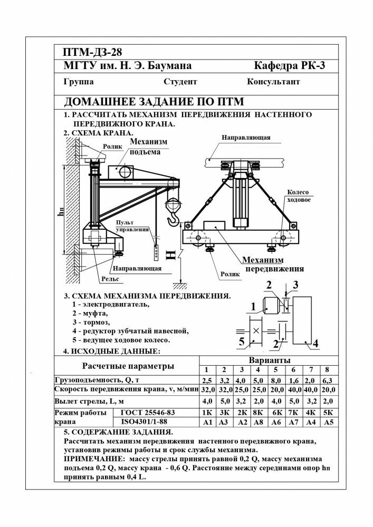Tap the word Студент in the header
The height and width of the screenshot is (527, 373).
click(x=180, y=82)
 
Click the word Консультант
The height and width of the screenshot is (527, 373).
click(x=273, y=82)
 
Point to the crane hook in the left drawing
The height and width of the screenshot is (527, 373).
click(x=174, y=218)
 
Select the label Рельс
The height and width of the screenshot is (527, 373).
click(x=110, y=279)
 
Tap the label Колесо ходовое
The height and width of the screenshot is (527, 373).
click(x=298, y=196)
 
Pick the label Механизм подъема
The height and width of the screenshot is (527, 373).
click(x=148, y=147)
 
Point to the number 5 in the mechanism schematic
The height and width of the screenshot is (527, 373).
click(x=241, y=342)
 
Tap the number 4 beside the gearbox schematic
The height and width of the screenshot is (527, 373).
click(x=315, y=344)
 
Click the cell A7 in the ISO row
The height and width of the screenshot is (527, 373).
click(x=293, y=422)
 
